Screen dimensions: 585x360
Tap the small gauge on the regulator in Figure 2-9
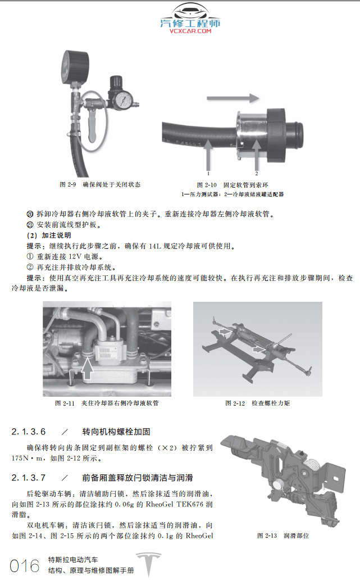(x=123, y=100)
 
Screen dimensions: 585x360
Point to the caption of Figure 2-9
(x=100, y=184)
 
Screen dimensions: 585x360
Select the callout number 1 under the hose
(x=208, y=174)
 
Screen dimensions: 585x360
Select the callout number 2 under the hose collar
(x=257, y=174)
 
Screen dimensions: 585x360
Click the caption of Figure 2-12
(x=257, y=403)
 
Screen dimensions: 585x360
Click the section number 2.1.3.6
(x=28, y=432)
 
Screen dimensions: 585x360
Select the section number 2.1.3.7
(x=28, y=478)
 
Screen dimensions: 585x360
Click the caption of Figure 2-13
(x=283, y=536)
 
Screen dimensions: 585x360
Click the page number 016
(x=25, y=565)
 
